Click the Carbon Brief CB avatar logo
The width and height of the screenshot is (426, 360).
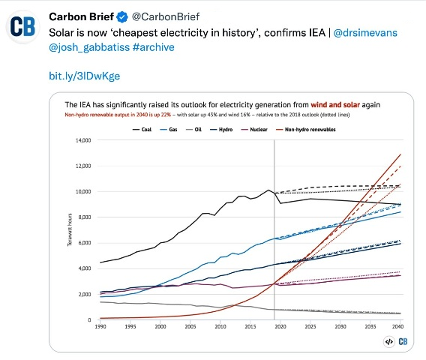[24, 26]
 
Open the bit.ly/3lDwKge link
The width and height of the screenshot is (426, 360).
[84, 76]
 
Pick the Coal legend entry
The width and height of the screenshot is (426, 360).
[142, 129]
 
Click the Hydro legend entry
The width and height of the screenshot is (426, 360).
[234, 129]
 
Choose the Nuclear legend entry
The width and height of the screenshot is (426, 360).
[269, 129]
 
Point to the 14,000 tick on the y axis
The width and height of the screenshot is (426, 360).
[80, 140]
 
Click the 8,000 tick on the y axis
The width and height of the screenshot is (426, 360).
[82, 217]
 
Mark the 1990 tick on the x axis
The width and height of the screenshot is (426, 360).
[100, 327]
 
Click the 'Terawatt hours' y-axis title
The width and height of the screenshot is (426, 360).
[69, 230]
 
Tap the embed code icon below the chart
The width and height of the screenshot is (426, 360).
[388, 341]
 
